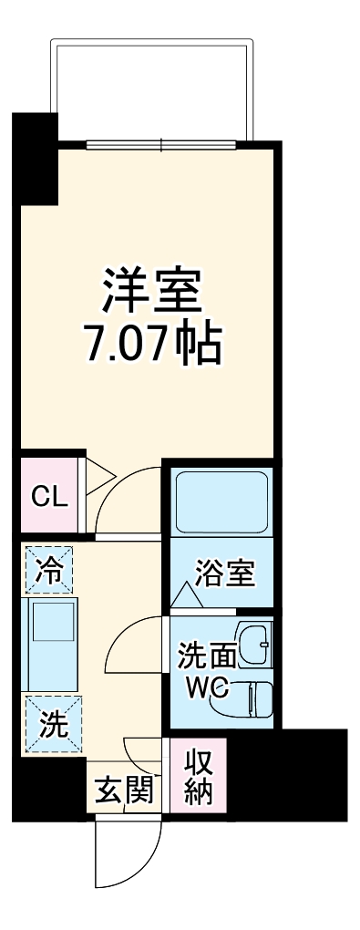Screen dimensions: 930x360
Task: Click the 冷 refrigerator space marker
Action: pos(50,572)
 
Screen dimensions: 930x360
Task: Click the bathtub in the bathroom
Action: pos(221,502)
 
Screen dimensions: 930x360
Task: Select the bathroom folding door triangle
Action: pos(187,596)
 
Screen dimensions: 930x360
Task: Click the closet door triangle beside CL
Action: pos(98,474)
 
